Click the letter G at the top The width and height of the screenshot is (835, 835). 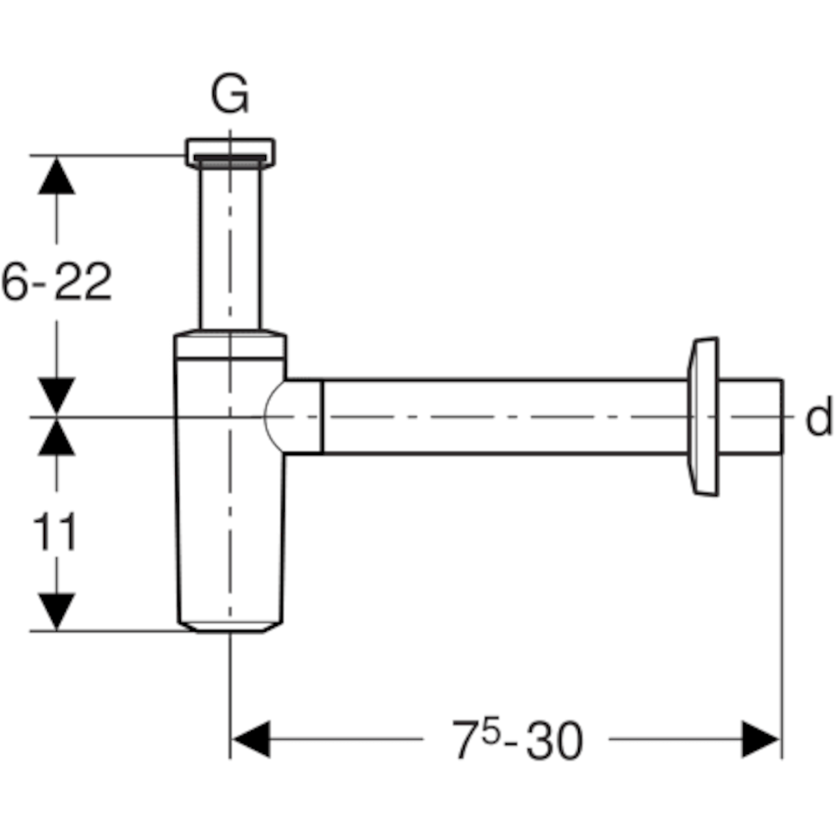(x=230, y=97)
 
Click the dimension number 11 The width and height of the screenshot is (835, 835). (x=55, y=533)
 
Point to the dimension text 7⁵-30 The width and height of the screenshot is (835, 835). (x=518, y=741)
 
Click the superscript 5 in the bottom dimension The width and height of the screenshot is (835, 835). (x=490, y=729)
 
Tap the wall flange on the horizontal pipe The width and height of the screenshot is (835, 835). (x=703, y=416)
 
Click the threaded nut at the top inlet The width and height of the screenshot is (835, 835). (x=230, y=152)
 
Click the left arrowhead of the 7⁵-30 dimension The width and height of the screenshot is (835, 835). (x=250, y=740)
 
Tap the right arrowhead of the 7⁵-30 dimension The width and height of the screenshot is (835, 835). (x=760, y=740)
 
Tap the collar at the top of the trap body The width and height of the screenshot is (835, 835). (x=231, y=345)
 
